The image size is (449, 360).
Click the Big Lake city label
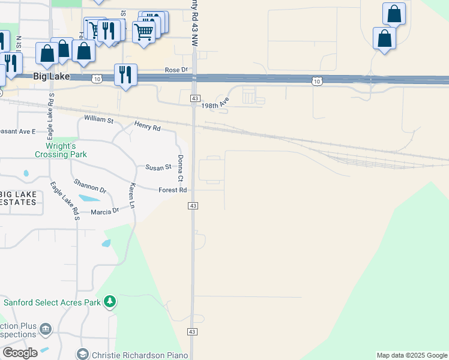[51, 77]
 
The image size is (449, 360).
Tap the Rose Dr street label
[176, 70]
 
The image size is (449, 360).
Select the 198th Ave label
[215, 105]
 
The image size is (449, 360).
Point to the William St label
[98, 120]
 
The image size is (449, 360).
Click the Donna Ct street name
[180, 168]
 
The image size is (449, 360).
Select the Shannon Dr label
[90, 186]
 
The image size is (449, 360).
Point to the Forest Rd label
[173, 190]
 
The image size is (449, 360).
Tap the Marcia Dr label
[105, 212]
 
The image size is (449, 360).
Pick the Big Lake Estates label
[18, 199]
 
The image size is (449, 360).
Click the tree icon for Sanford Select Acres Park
[110, 301]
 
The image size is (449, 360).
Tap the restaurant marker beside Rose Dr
[125, 75]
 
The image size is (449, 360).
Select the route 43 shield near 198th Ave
[194, 98]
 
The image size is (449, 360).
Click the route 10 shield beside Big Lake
[97, 79]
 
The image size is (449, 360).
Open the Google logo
[20, 353]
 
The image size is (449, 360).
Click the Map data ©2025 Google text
[411, 355]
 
